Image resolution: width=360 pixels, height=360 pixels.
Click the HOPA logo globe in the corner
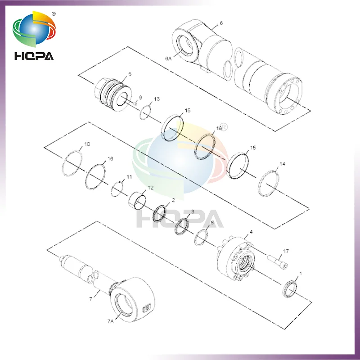[x=34, y=30]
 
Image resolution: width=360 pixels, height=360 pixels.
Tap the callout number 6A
[x=168, y=58]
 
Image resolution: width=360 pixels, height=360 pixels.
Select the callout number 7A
[x=111, y=320]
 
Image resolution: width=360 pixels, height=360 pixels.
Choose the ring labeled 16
[x=96, y=175]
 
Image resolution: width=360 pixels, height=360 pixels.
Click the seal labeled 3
[x=182, y=225]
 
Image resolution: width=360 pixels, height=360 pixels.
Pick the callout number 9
[x=140, y=97]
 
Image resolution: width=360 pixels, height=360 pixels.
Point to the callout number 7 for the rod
[x=90, y=299]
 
